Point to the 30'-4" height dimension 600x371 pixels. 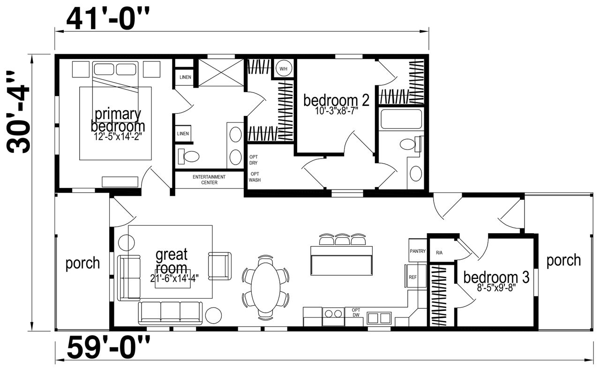(18, 112)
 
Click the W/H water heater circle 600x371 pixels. (284, 69)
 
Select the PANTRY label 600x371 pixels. (418, 251)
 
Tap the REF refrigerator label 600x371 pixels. (413, 277)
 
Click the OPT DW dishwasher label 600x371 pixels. (356, 312)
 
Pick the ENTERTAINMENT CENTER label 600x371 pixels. (209, 180)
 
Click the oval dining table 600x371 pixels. (266, 288)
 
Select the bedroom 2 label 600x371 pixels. (336, 100)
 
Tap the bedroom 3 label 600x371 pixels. (496, 277)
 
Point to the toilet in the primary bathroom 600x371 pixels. (189, 156)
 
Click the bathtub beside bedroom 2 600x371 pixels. (401, 119)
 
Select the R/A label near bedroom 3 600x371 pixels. (439, 253)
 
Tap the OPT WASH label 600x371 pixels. (255, 177)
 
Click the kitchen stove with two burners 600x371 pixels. (333, 316)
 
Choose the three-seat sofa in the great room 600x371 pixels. (170, 313)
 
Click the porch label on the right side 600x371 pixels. (563, 261)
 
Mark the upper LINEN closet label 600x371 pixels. (185, 77)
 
